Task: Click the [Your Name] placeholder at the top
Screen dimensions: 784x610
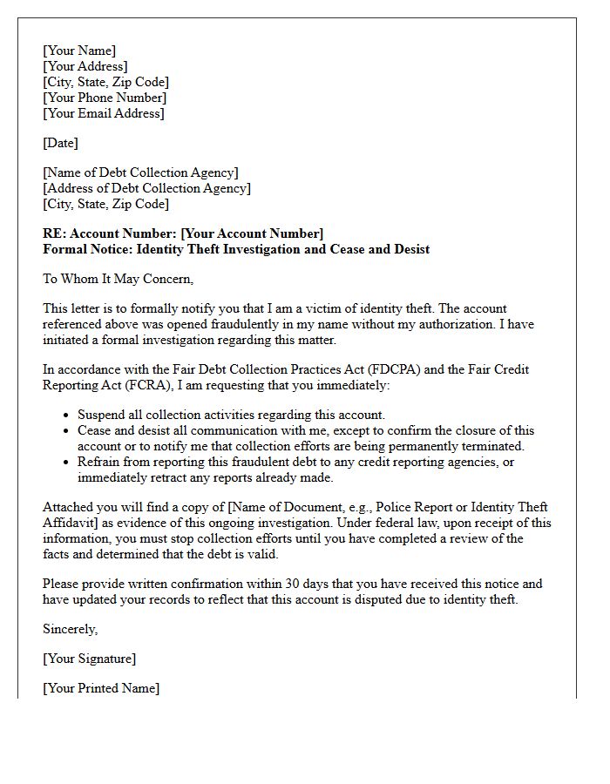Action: click(79, 51)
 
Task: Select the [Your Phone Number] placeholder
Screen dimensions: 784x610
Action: click(105, 98)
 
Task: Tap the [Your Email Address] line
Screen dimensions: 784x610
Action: click(104, 113)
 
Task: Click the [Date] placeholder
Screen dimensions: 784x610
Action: click(60, 143)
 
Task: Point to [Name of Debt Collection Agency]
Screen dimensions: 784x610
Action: click(140, 172)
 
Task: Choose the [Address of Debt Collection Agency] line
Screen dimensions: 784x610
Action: click(146, 188)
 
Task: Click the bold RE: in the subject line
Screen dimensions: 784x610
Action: click(54, 233)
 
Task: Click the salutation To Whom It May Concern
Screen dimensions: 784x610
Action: click(118, 279)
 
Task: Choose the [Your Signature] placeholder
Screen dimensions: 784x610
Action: click(90, 659)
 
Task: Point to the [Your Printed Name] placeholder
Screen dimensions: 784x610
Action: click(101, 688)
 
